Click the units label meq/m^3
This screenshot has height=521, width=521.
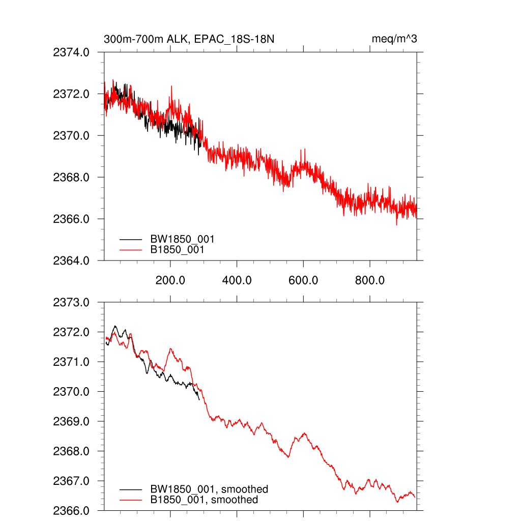pos(394,39)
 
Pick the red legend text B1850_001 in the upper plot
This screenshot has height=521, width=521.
pos(177,250)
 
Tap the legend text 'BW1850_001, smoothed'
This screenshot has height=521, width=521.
pos(209,489)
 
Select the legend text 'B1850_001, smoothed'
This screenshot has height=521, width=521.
pos(204,500)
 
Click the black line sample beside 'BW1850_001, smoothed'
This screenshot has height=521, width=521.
pos(131,489)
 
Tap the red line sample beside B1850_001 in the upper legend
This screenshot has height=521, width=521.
pos(131,250)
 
